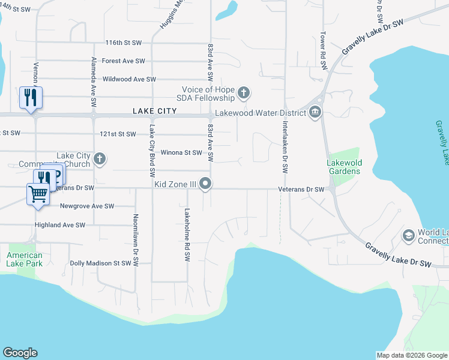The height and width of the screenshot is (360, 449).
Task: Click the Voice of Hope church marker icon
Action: coord(243,92)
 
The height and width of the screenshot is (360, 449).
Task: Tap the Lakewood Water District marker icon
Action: coord(315,112)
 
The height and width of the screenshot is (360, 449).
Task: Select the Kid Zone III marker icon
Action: coord(206,184)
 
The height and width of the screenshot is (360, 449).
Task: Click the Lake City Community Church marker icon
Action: coord(100,159)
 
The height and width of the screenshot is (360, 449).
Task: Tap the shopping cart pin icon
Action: coord(38,194)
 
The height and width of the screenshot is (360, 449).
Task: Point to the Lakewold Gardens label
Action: coord(343,167)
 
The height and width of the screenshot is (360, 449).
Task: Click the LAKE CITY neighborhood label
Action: coord(155,112)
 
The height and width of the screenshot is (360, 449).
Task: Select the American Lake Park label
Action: coord(25,259)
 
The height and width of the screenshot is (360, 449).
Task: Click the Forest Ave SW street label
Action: coord(124,61)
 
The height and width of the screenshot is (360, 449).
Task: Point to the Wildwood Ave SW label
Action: coord(130,79)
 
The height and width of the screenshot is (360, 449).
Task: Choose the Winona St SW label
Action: coord(180,152)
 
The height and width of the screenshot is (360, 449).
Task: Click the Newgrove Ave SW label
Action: coord(87,206)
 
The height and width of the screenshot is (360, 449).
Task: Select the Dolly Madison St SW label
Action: coord(100,263)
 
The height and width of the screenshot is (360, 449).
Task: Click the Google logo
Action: coord(20,353)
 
